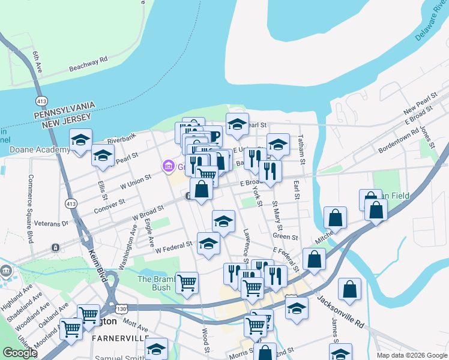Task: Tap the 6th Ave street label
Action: (37, 63)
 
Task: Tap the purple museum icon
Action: (167, 166)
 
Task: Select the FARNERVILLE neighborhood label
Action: (120, 338)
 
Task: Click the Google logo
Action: (19, 353)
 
